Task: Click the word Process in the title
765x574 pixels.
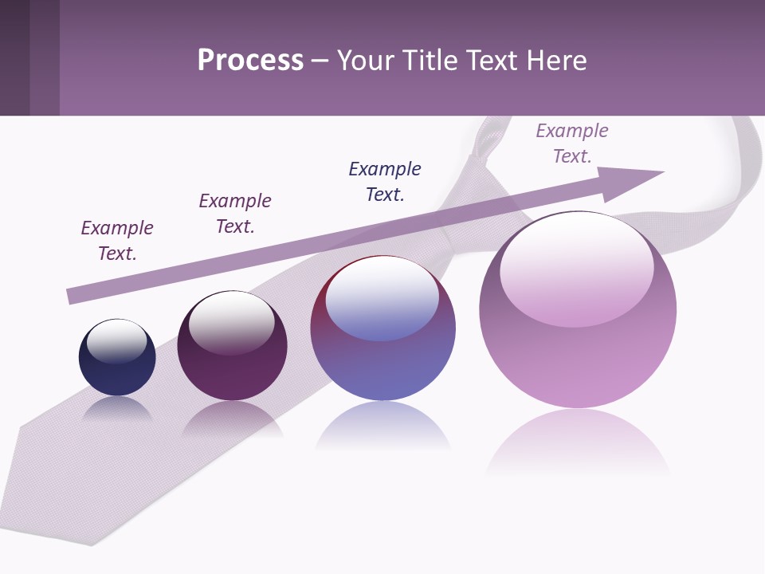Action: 250,60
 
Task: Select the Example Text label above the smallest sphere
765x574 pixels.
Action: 117,241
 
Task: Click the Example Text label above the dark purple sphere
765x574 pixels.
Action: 235,214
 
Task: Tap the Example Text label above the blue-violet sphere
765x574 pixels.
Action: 385,182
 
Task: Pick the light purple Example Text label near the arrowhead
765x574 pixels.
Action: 572,143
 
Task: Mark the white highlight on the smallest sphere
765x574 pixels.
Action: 117,341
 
